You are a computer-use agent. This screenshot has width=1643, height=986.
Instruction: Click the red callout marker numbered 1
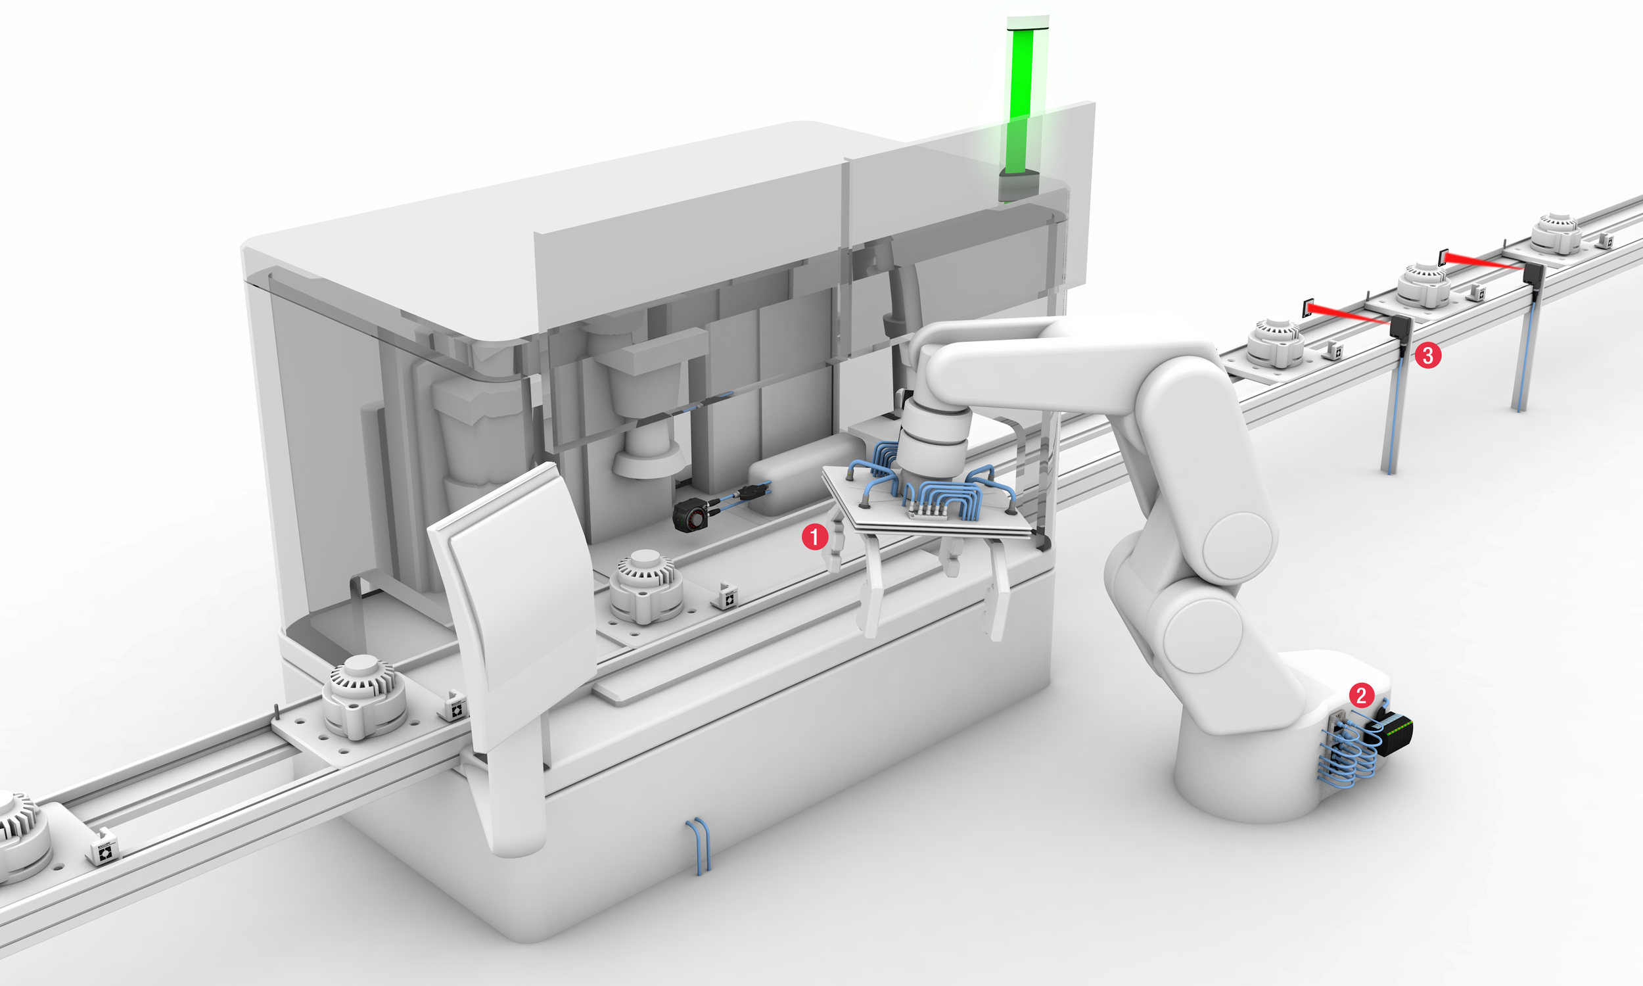pyautogui.click(x=815, y=536)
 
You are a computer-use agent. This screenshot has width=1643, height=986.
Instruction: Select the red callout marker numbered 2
pyautogui.click(x=1362, y=695)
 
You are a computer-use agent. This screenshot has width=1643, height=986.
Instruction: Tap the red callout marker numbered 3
pyautogui.click(x=1428, y=355)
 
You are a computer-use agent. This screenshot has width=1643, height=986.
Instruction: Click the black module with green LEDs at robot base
pyautogui.click(x=1395, y=735)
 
